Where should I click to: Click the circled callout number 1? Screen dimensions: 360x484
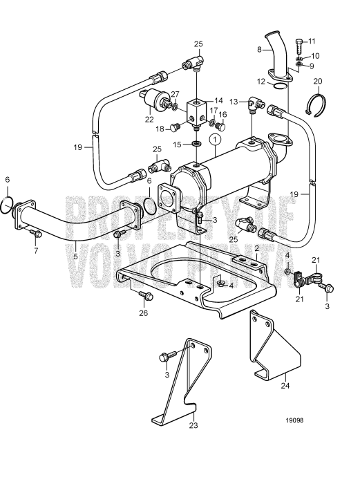pyautogui.click(x=215, y=140)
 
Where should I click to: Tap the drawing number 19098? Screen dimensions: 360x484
pyautogui.click(x=294, y=420)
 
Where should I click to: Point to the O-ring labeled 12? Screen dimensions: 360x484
pyautogui.click(x=280, y=86)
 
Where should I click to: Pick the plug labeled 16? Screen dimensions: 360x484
pyautogui.click(x=220, y=127)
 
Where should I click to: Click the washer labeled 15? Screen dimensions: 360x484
pyautogui.click(x=196, y=143)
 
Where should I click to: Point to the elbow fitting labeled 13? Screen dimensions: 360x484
pyautogui.click(x=256, y=105)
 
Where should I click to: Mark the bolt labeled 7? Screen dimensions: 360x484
pyautogui.click(x=37, y=234)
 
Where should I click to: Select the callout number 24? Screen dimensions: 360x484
pyautogui.click(x=285, y=386)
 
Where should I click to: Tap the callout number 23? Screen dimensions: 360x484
pyautogui.click(x=193, y=425)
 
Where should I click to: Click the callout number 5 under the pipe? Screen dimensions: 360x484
pyautogui.click(x=75, y=257)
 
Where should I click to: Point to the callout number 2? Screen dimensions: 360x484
pyautogui.click(x=256, y=248)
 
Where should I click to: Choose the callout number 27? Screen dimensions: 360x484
pyautogui.click(x=175, y=94)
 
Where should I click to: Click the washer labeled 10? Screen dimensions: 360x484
pyautogui.click(x=299, y=58)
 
